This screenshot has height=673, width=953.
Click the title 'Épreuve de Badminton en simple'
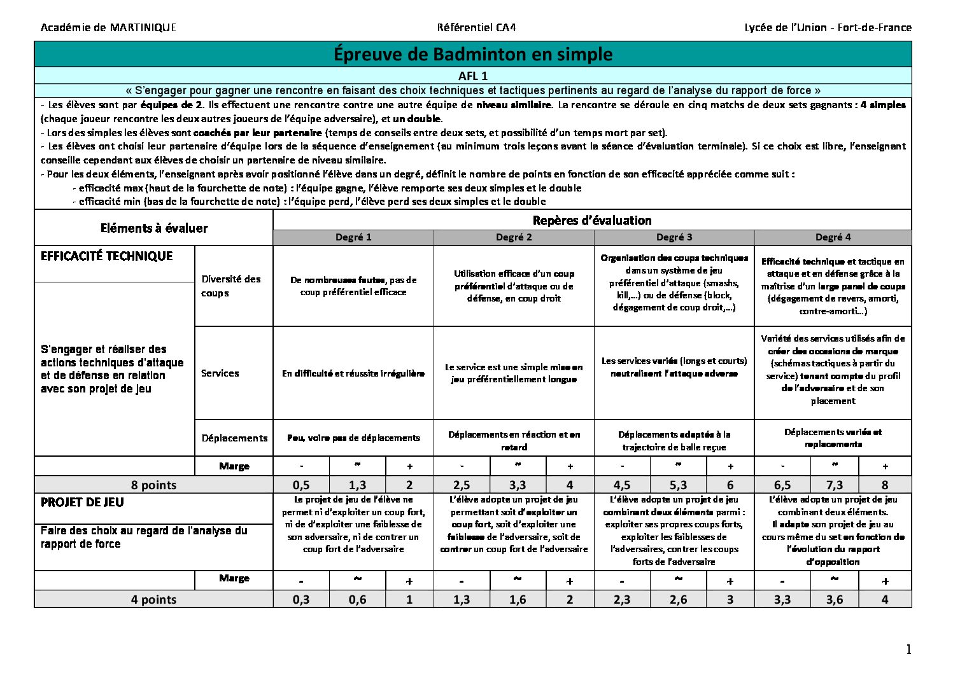[x=472, y=54]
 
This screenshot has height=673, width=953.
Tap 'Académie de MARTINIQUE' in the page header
[x=108, y=27]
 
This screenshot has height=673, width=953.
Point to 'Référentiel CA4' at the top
[x=476, y=27]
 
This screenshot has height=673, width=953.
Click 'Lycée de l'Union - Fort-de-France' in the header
[x=828, y=27]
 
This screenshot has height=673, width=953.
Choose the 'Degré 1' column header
[x=353, y=237]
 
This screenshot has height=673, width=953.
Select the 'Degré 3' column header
[x=674, y=237]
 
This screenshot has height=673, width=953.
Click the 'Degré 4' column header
[x=833, y=237]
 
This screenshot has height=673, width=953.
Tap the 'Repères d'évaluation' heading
[x=592, y=221]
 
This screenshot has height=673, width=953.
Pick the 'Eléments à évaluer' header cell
[x=154, y=228]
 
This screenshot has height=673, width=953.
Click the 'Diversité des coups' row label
[x=231, y=286]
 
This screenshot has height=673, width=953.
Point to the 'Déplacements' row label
[x=234, y=438]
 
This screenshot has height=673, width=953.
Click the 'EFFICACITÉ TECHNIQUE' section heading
[x=107, y=256]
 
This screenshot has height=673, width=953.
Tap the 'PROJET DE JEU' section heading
[x=82, y=503]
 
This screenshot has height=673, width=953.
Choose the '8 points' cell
[x=153, y=485]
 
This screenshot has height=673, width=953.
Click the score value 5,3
[x=678, y=485]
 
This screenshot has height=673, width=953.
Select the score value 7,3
[x=834, y=485]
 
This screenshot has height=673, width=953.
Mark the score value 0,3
[x=301, y=599]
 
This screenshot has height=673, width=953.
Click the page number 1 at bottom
[x=908, y=649]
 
